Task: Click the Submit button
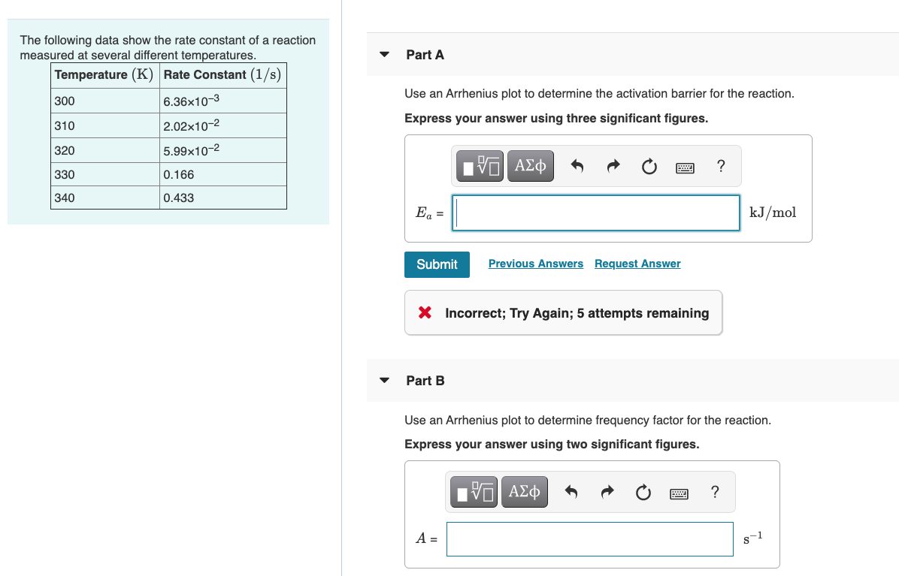pos(437,264)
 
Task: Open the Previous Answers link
pos(535,264)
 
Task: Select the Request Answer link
pos(637,264)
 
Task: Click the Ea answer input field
pos(598,213)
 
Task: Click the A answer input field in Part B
pos(589,538)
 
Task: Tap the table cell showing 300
pos(105,101)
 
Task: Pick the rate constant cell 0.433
pos(223,198)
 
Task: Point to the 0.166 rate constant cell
pos(223,174)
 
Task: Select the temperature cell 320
pos(105,150)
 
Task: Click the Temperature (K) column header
pos(104,75)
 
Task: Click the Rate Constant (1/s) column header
pos(222,75)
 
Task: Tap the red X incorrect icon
pos(425,312)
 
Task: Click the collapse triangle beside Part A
pos(385,55)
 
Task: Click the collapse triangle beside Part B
pos(385,381)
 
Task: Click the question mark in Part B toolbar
pos(714,493)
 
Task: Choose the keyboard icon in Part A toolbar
pos(685,167)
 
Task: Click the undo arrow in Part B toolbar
pos(572,493)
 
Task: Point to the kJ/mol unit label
pos(773,213)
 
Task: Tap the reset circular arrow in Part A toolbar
pos(649,167)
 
